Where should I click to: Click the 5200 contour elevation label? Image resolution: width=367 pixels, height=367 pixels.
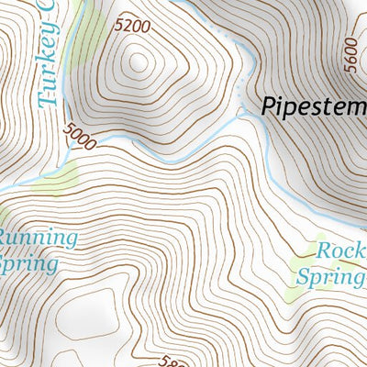pyautogui.click(x=132, y=26)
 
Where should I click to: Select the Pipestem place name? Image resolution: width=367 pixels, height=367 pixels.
pyautogui.click(x=313, y=106)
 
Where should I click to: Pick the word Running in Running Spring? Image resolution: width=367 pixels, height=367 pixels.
pyautogui.click(x=37, y=239)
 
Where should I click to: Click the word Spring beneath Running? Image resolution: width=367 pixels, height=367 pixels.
pyautogui.click(x=28, y=264)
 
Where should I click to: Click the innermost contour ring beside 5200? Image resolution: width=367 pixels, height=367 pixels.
pyautogui.click(x=139, y=62)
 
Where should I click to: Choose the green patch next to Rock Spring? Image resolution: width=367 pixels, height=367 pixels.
pyautogui.click(x=303, y=272)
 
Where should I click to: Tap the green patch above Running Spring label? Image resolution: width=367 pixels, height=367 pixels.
pyautogui.click(x=55, y=178)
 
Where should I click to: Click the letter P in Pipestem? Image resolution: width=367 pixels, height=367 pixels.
pyautogui.click(x=268, y=106)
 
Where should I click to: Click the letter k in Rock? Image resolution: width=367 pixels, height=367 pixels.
pyautogui.click(x=359, y=250)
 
